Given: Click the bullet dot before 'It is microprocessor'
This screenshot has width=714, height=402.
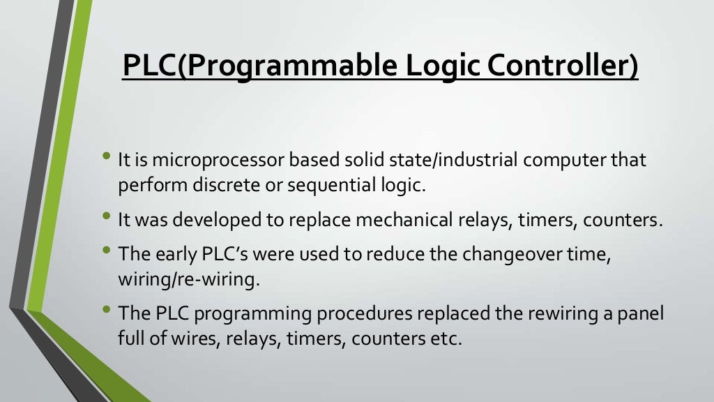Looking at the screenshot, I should pos(106,158).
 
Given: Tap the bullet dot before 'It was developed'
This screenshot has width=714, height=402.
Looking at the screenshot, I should pos(106,217).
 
